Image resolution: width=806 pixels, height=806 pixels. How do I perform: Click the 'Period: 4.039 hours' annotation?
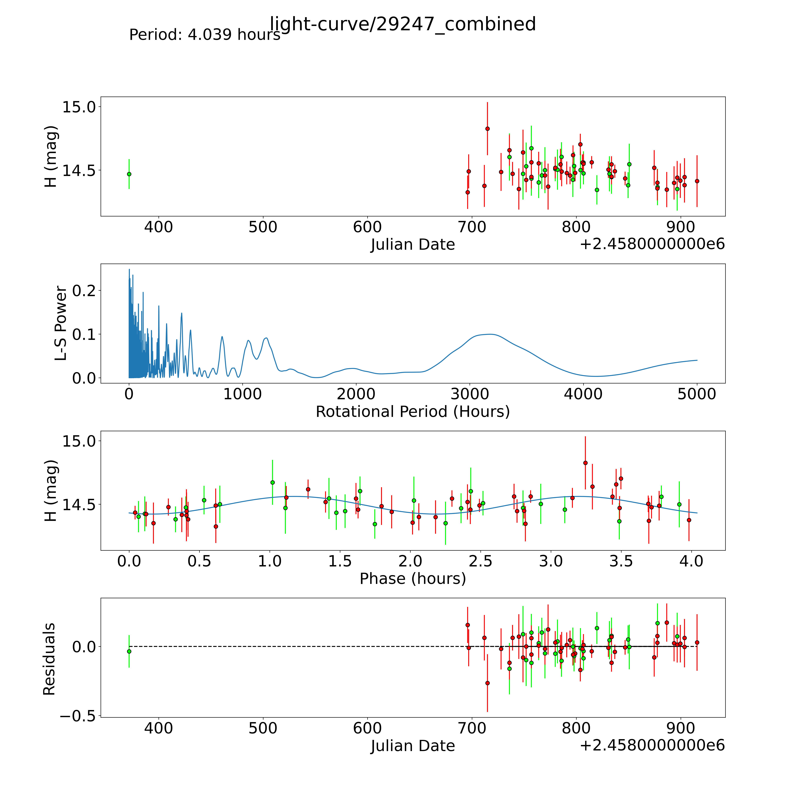[x=204, y=35]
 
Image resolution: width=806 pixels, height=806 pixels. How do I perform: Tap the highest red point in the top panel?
[x=487, y=129]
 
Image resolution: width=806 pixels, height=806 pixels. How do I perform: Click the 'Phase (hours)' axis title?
[x=413, y=579]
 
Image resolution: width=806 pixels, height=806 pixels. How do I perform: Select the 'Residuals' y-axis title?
[x=49, y=659]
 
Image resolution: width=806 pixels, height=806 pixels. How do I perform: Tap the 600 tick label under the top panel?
[x=367, y=227]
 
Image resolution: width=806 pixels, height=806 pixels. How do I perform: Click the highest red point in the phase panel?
[x=585, y=463]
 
